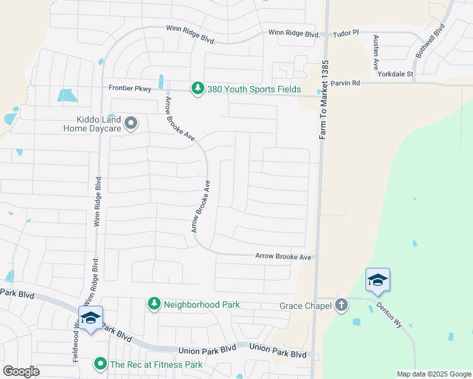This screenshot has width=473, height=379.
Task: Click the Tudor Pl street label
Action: tap(346, 32)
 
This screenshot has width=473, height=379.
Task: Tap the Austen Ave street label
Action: tap(375, 52)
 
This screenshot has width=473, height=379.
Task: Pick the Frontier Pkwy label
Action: tap(130, 89)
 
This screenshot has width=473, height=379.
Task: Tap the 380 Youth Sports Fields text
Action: tap(254, 90)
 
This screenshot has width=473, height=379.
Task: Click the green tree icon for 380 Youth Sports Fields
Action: tap(198, 89)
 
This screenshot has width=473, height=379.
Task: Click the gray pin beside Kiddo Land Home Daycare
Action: tap(131, 123)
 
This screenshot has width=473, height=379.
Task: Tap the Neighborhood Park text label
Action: tap(202, 304)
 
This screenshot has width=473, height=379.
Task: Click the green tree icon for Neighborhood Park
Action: tap(154, 304)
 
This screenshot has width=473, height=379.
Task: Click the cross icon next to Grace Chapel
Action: tap(341, 306)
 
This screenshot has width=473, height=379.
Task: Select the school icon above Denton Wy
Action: tap(378, 279)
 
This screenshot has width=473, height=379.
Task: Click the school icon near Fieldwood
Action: tap(90, 318)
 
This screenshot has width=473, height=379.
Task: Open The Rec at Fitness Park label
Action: tap(156, 364)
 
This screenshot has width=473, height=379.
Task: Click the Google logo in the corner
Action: tap(21, 371)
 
